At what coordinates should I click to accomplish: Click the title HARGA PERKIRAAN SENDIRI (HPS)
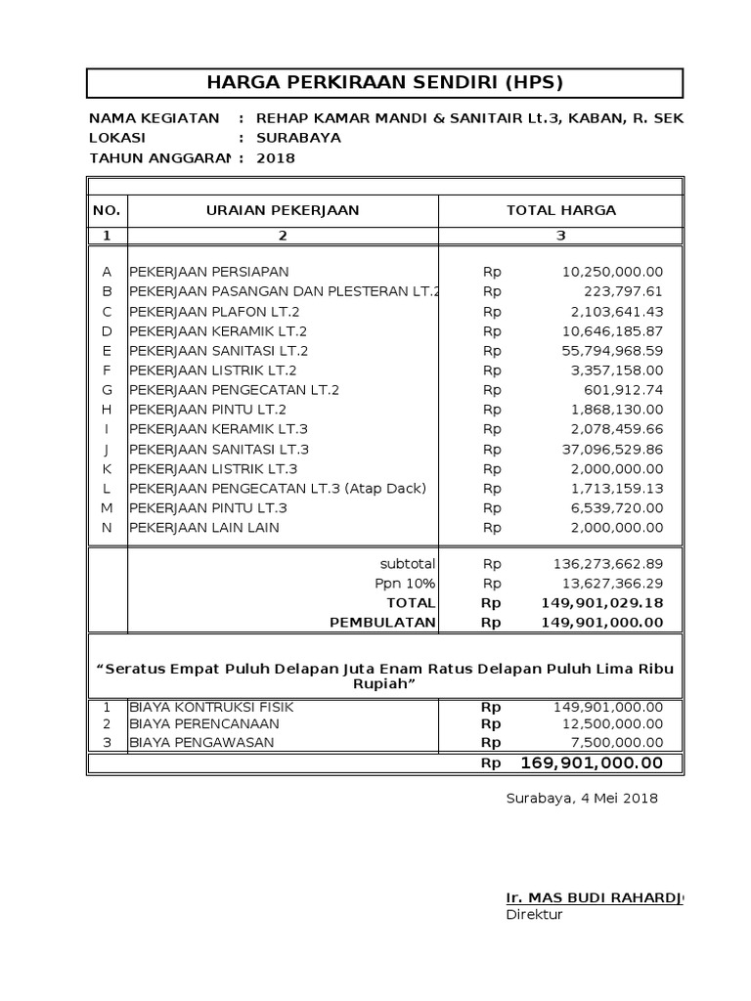point(385,82)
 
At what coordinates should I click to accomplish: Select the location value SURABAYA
point(298,138)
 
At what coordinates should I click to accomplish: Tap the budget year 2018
point(275,158)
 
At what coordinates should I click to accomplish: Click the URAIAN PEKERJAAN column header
point(283,210)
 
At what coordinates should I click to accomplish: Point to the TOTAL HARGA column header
point(560,210)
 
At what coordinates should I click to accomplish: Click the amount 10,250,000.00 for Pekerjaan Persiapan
point(612,272)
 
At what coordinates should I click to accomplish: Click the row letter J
point(107,449)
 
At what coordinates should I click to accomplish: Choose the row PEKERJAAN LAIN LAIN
point(204,528)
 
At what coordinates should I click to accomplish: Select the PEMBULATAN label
point(382,623)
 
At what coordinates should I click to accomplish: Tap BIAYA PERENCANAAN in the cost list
point(204,723)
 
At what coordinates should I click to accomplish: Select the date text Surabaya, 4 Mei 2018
point(582,798)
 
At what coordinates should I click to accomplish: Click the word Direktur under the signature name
point(534,915)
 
